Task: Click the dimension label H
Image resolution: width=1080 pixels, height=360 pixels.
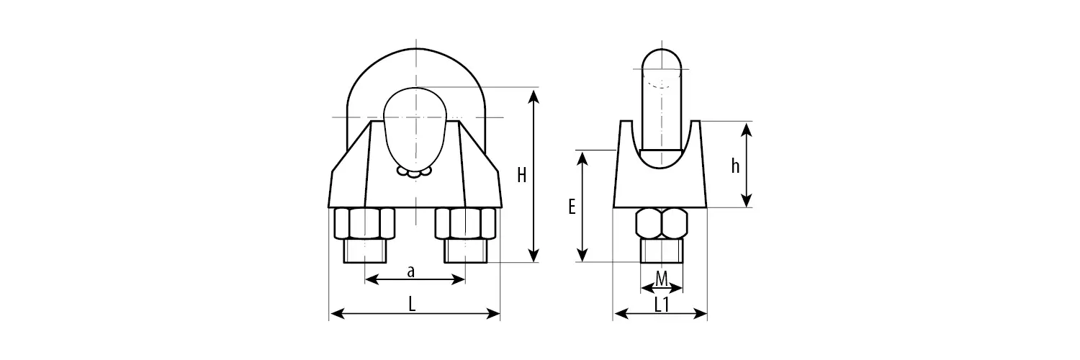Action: (522, 175)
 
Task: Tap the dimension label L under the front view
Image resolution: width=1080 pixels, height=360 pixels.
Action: (412, 304)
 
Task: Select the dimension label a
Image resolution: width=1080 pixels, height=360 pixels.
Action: (411, 272)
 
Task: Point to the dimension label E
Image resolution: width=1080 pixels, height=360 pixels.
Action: (572, 206)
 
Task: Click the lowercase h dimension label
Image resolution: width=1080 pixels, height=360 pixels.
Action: (735, 166)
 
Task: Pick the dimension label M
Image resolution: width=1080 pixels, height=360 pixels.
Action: (662, 279)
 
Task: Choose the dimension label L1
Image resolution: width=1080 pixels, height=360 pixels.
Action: (662, 304)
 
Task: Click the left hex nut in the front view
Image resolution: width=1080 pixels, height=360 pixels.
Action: (364, 223)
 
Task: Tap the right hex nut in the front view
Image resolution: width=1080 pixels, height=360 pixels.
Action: (465, 223)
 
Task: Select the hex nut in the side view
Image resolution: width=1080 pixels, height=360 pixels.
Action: (662, 223)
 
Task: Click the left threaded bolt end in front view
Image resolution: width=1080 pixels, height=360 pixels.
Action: (365, 251)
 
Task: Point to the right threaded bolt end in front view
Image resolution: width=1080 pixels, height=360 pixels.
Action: (465, 251)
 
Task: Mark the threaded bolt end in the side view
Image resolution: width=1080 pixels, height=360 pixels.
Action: (662, 251)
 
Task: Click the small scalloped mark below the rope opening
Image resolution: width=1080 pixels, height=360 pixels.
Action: (414, 172)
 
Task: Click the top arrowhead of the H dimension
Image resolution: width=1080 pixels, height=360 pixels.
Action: (534, 96)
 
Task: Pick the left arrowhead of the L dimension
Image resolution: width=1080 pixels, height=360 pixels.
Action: (338, 314)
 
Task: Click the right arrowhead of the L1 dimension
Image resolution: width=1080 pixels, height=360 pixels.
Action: (700, 314)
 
